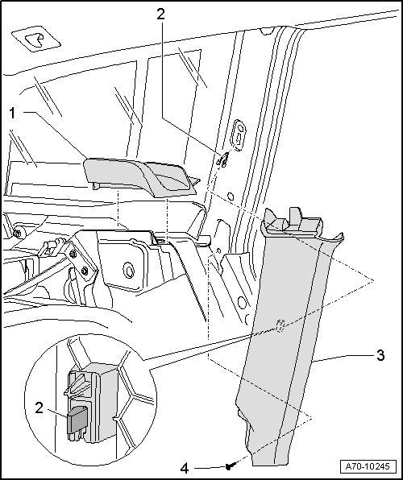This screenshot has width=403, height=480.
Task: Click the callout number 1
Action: tap(12, 114)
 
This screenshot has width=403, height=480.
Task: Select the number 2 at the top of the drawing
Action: tap(160, 14)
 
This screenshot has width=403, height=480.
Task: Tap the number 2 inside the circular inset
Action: tap(39, 408)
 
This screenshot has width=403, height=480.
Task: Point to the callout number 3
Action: tap(380, 356)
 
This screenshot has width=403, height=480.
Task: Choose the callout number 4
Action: tap(185, 469)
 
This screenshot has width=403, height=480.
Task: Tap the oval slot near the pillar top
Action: tap(239, 135)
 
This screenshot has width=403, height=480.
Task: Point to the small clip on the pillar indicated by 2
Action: tap(223, 160)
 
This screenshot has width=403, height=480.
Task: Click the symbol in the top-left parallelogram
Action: tap(35, 39)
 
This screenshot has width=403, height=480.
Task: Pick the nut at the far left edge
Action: tap(18, 234)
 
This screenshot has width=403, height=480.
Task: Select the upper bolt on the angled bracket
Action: tap(73, 254)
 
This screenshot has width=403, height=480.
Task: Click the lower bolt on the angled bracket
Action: tap(85, 271)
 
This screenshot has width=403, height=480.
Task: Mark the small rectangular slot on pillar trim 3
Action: tap(280, 325)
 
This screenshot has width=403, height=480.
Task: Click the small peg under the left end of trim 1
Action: tap(96, 186)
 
